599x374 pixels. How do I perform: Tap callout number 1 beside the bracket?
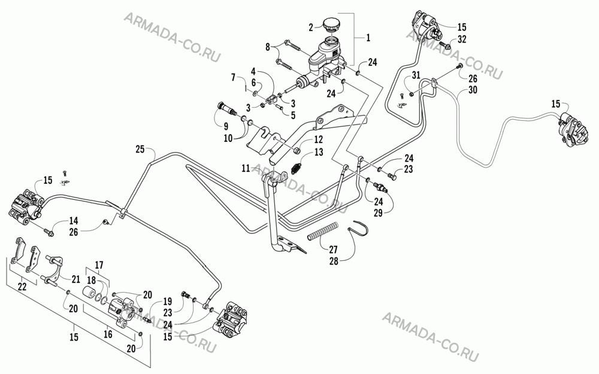(368, 38)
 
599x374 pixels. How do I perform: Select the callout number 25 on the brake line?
(140, 149)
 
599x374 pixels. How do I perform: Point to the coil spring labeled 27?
(323, 231)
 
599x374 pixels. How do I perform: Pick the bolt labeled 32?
(446, 45)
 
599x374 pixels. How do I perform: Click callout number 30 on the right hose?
(473, 90)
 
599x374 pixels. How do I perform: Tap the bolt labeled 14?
(48, 231)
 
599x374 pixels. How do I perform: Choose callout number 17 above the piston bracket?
(99, 265)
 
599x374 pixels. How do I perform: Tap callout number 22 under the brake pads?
(22, 286)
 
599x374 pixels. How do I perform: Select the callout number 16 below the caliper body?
(108, 334)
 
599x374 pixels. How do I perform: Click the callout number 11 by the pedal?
(245, 168)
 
